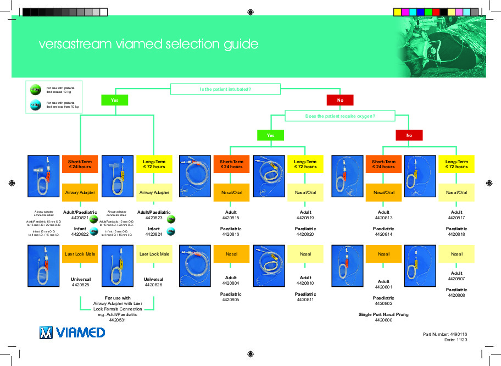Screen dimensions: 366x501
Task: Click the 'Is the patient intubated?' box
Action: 225,89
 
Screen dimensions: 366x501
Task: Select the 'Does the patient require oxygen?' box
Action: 339,116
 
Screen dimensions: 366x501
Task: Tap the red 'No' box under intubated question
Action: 340,101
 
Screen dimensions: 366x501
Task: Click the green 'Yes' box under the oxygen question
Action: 271,135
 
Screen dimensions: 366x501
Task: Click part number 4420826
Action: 154,285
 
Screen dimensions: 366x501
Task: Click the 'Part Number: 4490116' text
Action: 444,334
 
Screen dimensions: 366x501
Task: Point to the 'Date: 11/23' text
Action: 455,340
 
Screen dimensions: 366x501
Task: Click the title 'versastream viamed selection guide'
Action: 148,45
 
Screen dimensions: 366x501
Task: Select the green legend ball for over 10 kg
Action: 35,89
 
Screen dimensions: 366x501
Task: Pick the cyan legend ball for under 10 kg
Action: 35,104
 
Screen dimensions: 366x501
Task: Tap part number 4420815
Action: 231,218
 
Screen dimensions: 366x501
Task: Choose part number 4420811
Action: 305,300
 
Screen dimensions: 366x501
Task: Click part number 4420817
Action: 457,218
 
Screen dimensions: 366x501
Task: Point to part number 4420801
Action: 383,287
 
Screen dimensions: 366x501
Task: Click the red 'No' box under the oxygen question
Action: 409,135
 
